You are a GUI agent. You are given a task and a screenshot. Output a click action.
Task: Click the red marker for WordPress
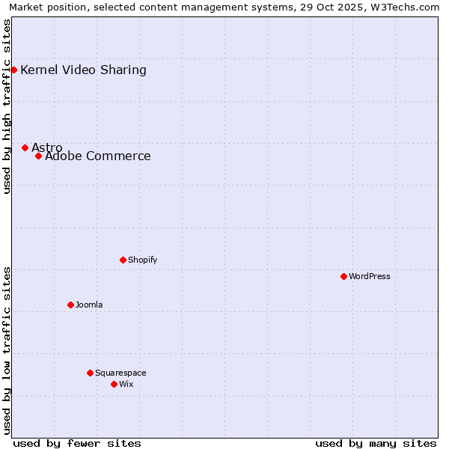tap(343, 276)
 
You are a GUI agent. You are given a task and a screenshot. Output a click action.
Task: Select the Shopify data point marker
tap(123, 260)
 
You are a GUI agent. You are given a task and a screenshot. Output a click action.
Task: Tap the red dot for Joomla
tap(70, 305)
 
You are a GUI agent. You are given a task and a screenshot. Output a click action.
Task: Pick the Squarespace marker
tap(90, 373)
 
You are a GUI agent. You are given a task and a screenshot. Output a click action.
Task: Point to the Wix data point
tap(114, 384)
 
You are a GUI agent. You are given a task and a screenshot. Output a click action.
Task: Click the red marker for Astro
tap(25, 147)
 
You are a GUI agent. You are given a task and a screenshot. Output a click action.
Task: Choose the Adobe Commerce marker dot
tap(38, 156)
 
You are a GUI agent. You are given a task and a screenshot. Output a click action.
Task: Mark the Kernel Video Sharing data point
tap(13, 70)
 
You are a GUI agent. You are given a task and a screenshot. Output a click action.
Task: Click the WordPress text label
tap(370, 276)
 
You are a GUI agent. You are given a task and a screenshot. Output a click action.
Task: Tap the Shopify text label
tap(142, 260)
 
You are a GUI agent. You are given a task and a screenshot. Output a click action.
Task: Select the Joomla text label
tap(89, 305)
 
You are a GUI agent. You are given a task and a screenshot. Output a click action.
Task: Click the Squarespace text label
tap(120, 373)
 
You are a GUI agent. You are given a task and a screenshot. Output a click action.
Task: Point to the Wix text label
tap(126, 384)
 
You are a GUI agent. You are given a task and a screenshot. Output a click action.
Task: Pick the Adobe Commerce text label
tap(98, 156)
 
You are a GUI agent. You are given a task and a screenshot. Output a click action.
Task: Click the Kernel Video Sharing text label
tap(83, 70)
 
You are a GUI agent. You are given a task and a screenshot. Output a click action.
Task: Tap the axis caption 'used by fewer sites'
tap(77, 443)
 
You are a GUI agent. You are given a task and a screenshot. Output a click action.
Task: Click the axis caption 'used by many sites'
tap(376, 443)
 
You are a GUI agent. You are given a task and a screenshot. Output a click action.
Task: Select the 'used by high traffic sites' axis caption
tap(7, 106)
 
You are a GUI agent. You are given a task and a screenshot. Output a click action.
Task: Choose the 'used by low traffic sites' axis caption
tap(7, 350)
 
